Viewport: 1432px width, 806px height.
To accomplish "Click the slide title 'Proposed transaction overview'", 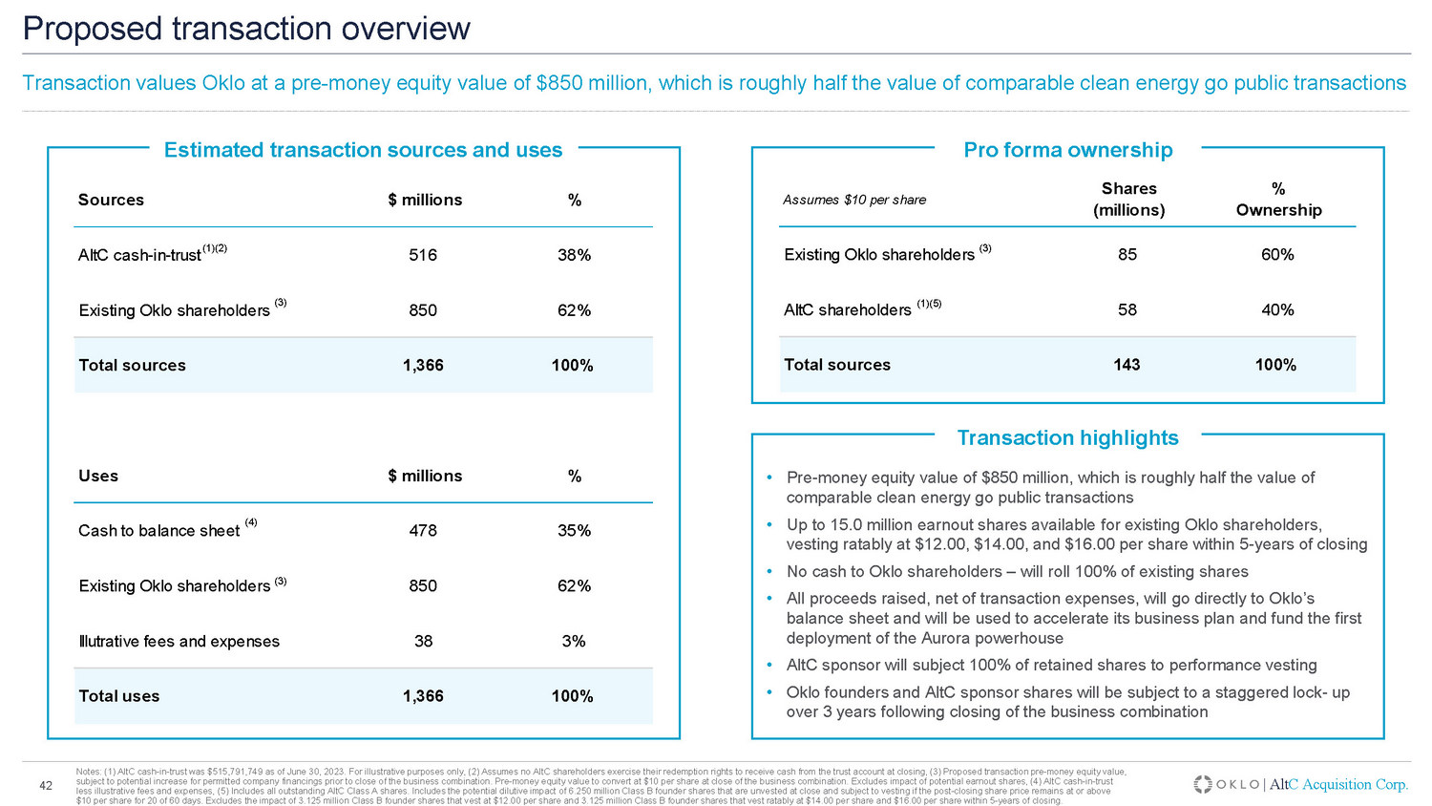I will point(246,29).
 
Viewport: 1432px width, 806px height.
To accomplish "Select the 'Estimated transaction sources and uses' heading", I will point(363,150).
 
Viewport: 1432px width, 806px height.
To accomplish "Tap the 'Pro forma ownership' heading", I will point(1067,150).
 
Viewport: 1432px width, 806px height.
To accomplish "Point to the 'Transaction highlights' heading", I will point(1067,438).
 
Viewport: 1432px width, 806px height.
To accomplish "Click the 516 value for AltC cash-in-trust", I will point(423,255).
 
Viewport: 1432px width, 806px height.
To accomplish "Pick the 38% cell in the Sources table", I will point(574,255).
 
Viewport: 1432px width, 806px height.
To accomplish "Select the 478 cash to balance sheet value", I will point(423,531).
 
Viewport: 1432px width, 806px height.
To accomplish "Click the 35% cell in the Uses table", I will point(574,531).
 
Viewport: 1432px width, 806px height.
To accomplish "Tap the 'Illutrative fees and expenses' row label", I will point(179,642).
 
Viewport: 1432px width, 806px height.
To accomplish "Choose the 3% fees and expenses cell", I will point(574,642).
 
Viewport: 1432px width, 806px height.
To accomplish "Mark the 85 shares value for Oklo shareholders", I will point(1127,255).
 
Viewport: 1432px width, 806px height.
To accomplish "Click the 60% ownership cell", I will point(1277,255).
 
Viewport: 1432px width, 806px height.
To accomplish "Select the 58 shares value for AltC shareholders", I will point(1127,310).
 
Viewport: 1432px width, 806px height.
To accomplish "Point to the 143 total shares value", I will point(1127,365).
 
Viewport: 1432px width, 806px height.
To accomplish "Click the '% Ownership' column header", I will point(1278,200).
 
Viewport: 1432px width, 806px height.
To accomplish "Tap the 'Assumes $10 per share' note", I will point(854,200).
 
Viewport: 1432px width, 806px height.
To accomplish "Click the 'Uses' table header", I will point(98,476).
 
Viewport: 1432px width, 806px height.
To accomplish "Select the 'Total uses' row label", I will point(119,696).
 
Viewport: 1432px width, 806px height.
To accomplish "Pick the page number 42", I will point(45,786).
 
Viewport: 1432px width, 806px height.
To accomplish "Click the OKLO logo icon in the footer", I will point(1203,784).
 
